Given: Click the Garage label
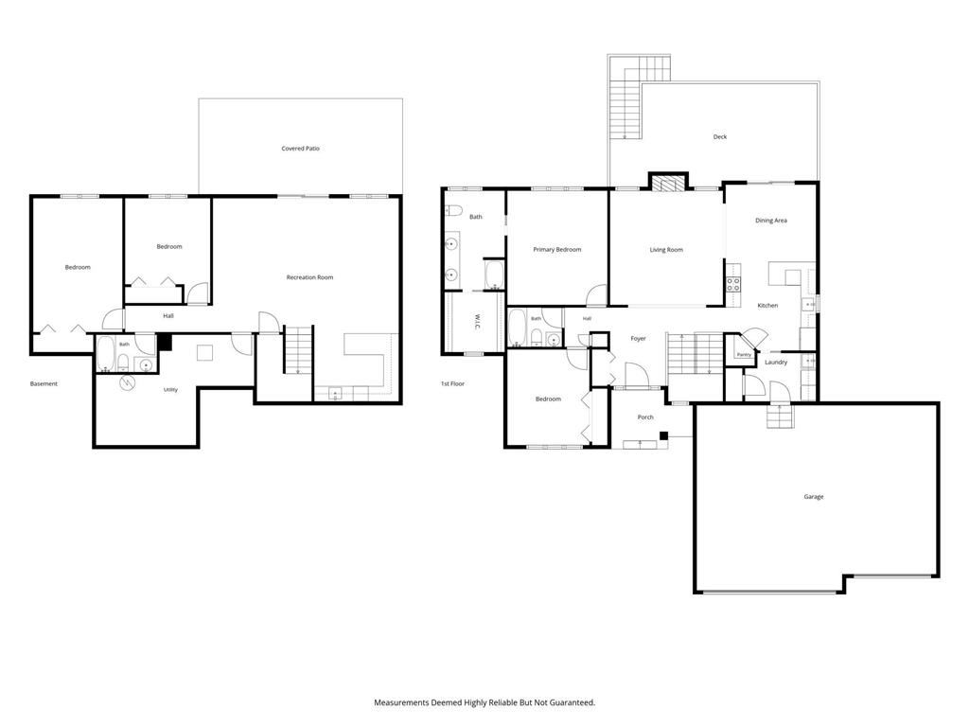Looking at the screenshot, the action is (x=813, y=496).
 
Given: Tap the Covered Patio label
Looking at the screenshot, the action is (x=300, y=149).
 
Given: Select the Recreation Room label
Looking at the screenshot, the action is (x=309, y=277).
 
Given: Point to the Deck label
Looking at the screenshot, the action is (x=720, y=136).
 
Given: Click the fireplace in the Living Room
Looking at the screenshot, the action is (x=668, y=184).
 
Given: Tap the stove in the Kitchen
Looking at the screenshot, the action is (x=733, y=284).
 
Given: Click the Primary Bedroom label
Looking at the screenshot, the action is (x=556, y=250).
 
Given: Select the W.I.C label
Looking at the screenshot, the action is (x=477, y=322).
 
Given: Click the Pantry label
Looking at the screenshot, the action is (x=744, y=355).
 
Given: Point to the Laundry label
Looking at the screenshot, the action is (x=776, y=363).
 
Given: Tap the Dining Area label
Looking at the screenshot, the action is (x=770, y=220).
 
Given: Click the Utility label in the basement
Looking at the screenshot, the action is (x=170, y=389).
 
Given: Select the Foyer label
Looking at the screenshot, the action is (x=638, y=339).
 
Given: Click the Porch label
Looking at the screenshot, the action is (x=645, y=417).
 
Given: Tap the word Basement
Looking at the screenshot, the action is (x=44, y=384).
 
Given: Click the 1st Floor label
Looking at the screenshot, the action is (x=452, y=384).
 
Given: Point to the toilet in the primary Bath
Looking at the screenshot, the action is (x=453, y=210).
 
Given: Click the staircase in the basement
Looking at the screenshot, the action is (x=298, y=350).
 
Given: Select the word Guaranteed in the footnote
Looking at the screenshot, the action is (x=572, y=703).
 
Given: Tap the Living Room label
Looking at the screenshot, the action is (x=666, y=250).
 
